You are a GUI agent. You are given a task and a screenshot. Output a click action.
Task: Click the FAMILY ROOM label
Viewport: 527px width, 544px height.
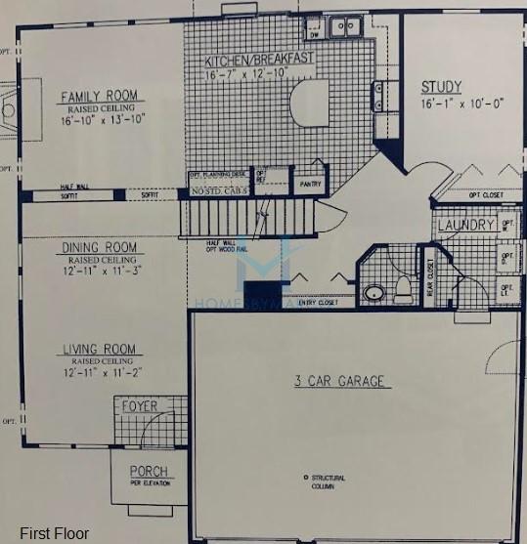101,96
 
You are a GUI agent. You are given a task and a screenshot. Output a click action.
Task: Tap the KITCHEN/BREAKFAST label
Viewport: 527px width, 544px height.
259,60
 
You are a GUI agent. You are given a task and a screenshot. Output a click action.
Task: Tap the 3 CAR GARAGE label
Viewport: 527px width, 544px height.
340,381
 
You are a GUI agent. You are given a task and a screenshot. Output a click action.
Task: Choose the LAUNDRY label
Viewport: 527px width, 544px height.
464,227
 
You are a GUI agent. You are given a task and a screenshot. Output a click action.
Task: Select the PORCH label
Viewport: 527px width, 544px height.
149,472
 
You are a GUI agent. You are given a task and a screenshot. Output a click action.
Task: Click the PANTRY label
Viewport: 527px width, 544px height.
308,181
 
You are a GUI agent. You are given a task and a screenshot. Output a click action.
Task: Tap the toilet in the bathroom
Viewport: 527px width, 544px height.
403,288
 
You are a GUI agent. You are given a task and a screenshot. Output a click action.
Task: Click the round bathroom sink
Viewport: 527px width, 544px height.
373,291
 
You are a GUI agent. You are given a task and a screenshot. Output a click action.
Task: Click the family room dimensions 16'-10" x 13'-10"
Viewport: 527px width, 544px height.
101,121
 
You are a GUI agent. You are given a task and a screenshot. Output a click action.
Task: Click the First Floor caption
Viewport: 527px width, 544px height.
50,532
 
